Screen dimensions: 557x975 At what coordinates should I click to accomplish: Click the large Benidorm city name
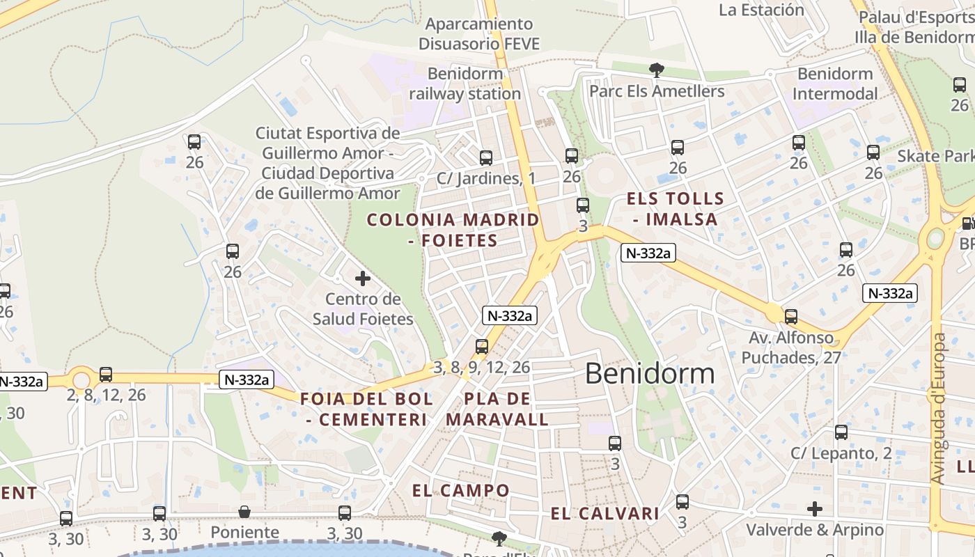[x=650, y=374]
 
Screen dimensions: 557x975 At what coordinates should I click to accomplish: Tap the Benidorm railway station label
[x=465, y=84]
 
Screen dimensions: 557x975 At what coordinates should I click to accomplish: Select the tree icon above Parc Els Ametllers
[x=656, y=69]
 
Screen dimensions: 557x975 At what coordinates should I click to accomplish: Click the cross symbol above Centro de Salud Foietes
[x=363, y=278]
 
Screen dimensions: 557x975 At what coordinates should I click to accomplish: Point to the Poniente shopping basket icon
[x=244, y=512]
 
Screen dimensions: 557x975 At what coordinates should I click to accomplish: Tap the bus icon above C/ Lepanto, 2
[x=841, y=432]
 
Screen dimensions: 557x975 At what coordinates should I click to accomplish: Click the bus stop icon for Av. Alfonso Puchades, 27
[x=791, y=317]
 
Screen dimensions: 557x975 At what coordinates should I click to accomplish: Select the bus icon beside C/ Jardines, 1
[x=485, y=158]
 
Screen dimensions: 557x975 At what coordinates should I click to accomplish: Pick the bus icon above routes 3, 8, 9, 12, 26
[x=481, y=346]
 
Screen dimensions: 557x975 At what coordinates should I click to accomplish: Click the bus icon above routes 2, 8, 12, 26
[x=106, y=375]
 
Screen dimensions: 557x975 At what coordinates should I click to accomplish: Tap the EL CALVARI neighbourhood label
[x=604, y=514]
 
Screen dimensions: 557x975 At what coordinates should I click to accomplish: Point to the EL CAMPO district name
[x=460, y=490]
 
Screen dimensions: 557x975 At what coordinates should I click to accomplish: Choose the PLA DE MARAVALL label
[x=497, y=409]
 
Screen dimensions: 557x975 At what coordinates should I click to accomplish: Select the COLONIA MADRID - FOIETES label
[x=453, y=230]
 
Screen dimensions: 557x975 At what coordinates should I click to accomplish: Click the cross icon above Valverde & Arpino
[x=814, y=509]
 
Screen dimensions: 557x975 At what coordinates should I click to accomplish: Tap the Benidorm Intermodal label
[x=835, y=84]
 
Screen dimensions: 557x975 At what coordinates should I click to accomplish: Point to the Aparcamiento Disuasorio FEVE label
[x=479, y=34]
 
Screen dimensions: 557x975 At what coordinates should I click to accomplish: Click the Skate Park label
[x=935, y=155]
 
